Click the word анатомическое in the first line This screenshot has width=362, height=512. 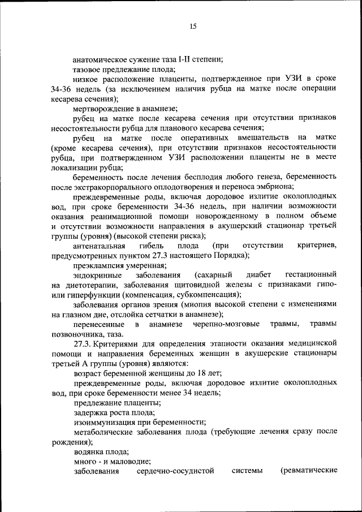click(x=100, y=58)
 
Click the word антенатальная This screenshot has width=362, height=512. click(x=99, y=245)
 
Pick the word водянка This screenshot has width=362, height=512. click(x=88, y=451)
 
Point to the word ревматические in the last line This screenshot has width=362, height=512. click(x=309, y=471)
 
